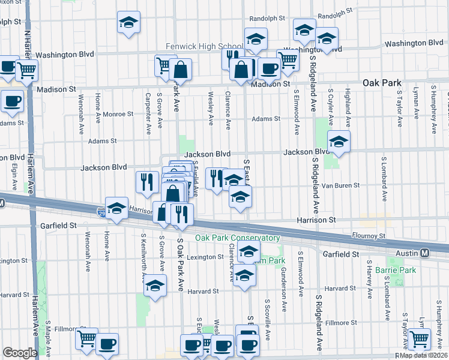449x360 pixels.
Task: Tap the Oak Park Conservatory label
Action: [237, 238]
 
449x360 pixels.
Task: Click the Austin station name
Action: [406, 254]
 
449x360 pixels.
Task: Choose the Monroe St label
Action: [119, 113]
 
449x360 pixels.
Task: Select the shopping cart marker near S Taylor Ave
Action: [418, 339]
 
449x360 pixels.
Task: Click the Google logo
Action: [20, 353]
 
